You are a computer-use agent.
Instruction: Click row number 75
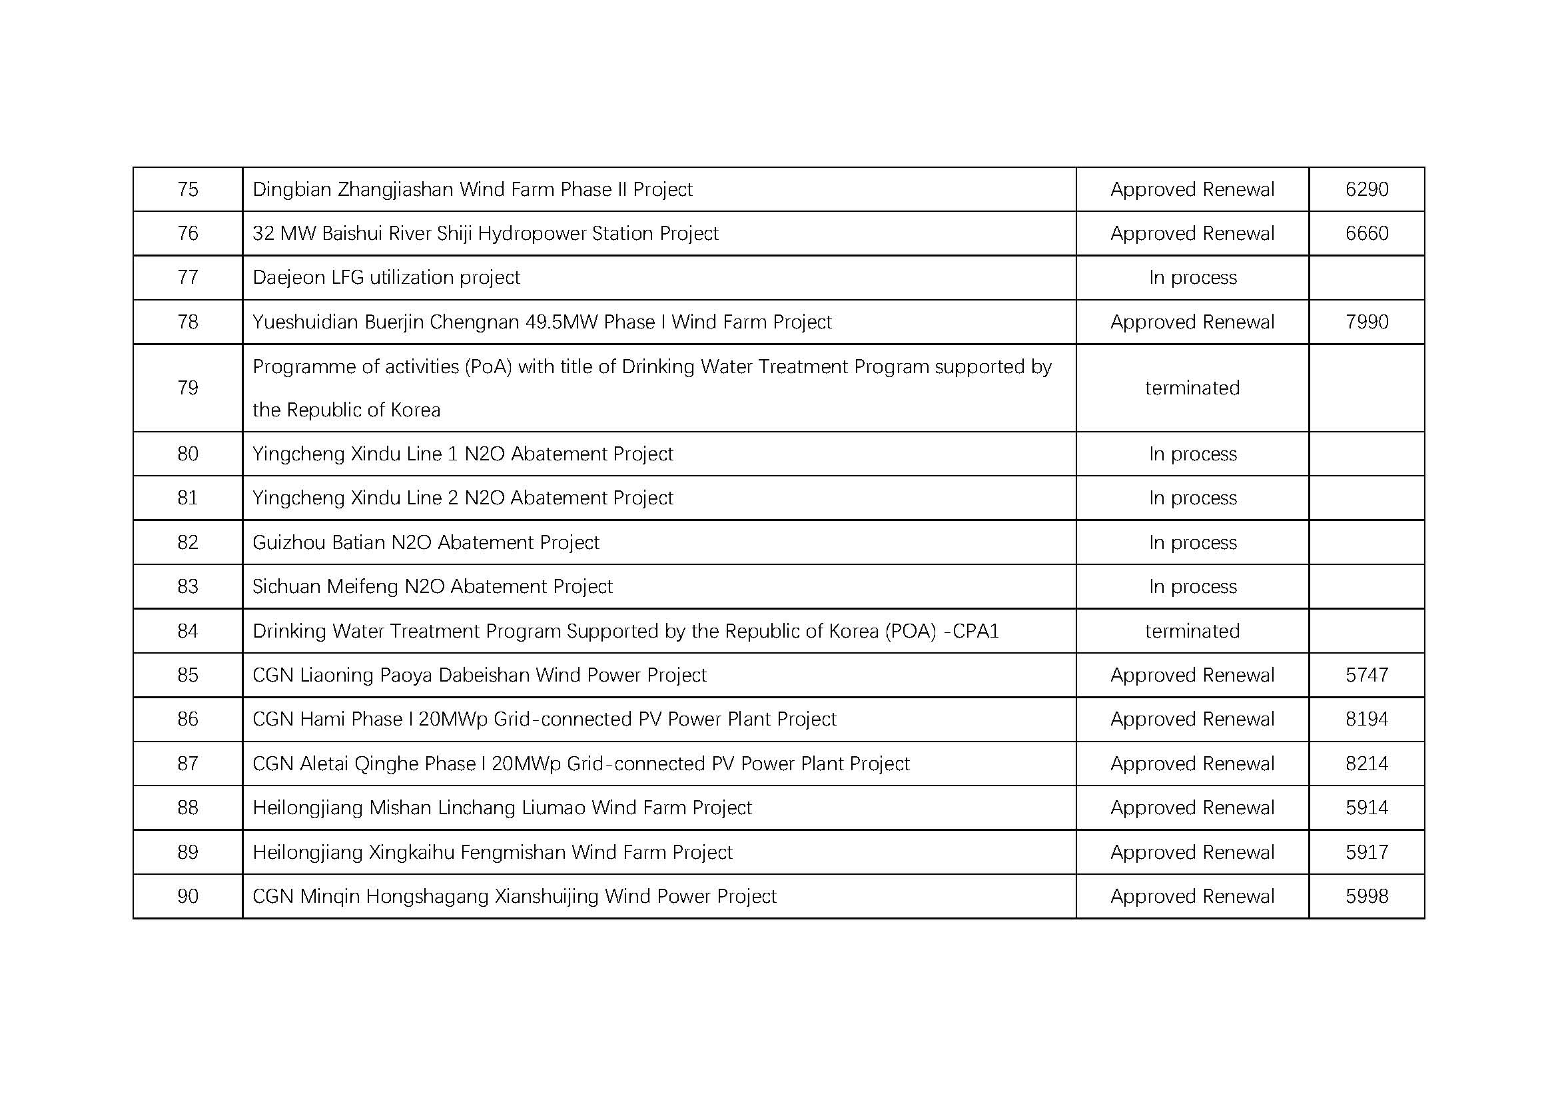tap(187, 189)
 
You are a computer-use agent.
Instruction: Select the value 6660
tap(1367, 233)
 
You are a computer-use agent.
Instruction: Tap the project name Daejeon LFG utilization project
tap(386, 278)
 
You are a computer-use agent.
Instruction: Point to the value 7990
tap(1367, 322)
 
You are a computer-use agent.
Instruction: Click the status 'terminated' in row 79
tap(1192, 388)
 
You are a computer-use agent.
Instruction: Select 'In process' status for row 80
tap(1192, 454)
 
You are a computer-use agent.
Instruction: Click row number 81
tap(187, 498)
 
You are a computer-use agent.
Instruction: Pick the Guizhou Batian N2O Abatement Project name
tap(426, 543)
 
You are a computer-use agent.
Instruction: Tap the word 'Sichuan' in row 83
tap(287, 586)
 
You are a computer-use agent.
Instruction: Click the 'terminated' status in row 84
tap(1192, 631)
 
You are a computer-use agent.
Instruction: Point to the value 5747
tap(1367, 675)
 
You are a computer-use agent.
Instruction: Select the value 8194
tap(1367, 720)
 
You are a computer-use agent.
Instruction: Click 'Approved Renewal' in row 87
tap(1192, 764)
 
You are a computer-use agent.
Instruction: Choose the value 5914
tap(1367, 808)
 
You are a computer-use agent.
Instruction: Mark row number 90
tap(187, 896)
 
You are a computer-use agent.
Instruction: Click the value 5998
tap(1367, 896)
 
